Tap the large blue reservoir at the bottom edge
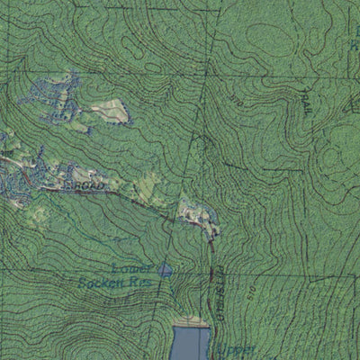pos(190,343)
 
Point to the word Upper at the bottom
pos(241,348)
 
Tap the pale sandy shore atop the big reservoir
pos(191,322)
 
